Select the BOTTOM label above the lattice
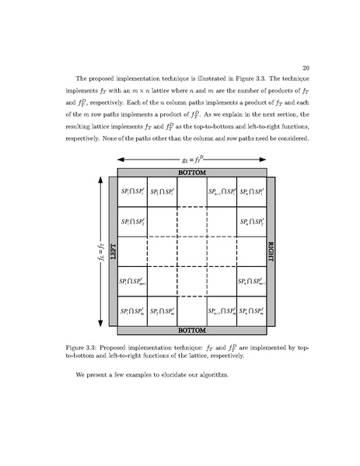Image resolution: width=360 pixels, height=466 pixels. (x=191, y=171)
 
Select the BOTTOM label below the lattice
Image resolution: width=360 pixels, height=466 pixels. (x=191, y=331)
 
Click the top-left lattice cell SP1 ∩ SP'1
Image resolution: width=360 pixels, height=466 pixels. (x=131, y=191)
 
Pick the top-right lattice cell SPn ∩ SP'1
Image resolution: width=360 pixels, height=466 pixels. (x=251, y=191)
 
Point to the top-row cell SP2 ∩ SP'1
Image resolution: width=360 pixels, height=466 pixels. (x=161, y=191)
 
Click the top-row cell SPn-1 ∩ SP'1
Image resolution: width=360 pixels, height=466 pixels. (x=221, y=191)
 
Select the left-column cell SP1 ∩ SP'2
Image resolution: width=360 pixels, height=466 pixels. (x=131, y=222)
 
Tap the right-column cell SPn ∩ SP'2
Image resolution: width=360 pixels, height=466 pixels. (x=251, y=222)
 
